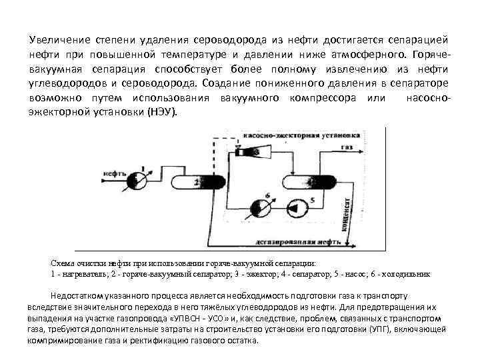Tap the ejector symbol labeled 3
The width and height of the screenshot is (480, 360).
(256, 153)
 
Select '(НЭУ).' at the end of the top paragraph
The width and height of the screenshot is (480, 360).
(163, 111)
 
